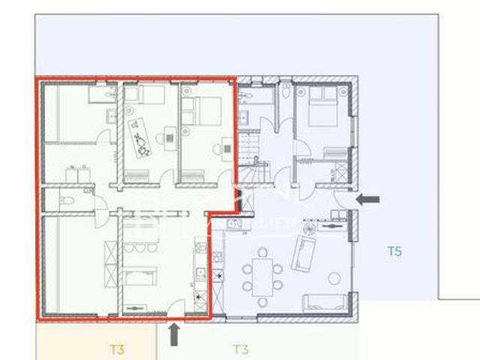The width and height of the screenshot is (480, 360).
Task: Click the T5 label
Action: pyautogui.click(x=394, y=250)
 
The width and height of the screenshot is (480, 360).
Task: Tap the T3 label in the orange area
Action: pyautogui.click(x=116, y=349)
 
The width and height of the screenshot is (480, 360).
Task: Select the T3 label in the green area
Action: pyautogui.click(x=240, y=349)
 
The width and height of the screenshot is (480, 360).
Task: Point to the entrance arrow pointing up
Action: pyautogui.click(x=175, y=334)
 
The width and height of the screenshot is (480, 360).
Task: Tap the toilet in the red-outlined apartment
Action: pyautogui.click(x=65, y=200)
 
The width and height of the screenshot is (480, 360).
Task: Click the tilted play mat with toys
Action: pyautogui.click(x=141, y=134)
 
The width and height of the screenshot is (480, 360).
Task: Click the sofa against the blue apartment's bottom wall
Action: pyautogui.click(x=324, y=303)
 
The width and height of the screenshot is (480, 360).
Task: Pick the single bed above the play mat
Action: pyautogui.click(x=144, y=94)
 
